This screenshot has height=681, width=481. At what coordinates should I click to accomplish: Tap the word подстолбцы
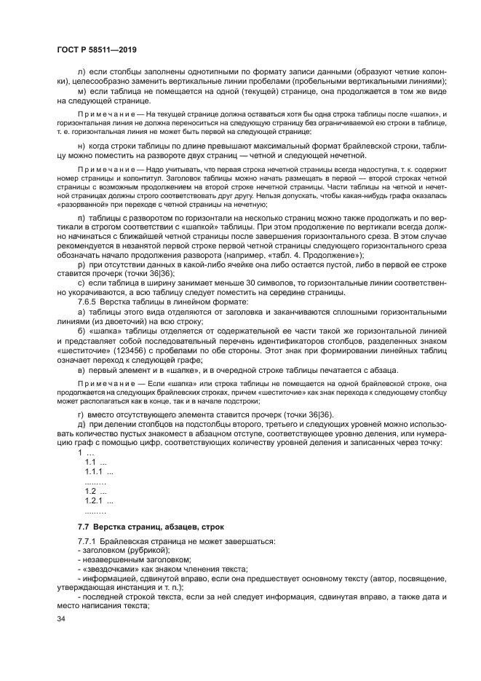[x=203, y=424]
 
